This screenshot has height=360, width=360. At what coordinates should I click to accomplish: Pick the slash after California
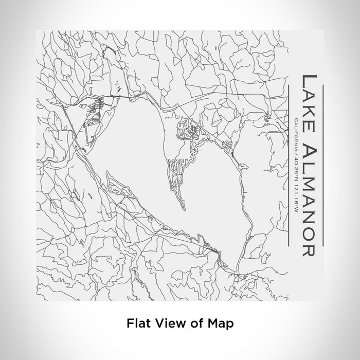pos(296,152)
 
